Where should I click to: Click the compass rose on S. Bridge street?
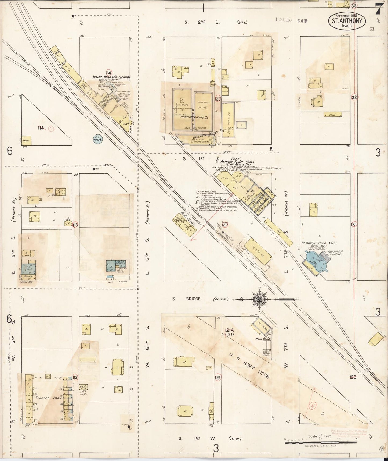pos(260,299)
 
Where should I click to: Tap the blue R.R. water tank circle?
pos(97,139)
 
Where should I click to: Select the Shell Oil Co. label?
pos(263,338)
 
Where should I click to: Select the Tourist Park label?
pos(49,398)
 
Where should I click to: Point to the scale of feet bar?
pos(322,441)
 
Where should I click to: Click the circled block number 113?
pos(75,225)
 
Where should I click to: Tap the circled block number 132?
pos(354,97)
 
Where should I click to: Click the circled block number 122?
pos(225,225)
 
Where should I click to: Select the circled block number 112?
pos(75,378)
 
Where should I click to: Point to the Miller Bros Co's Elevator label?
pos(111,77)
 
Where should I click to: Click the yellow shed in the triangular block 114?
pos(26,141)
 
